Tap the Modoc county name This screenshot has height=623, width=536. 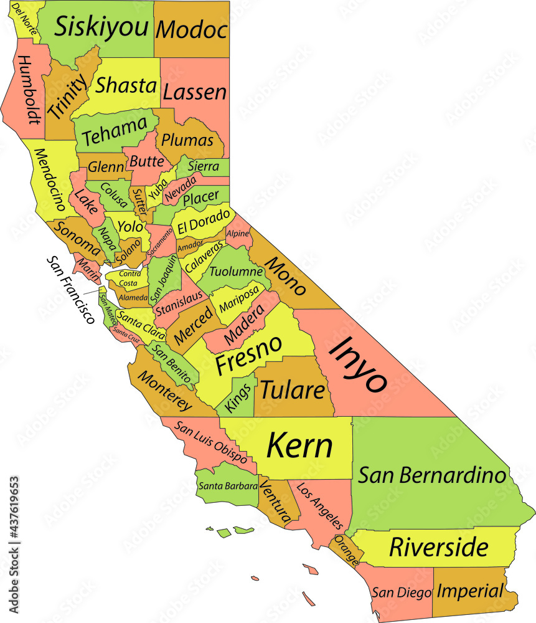(191, 29)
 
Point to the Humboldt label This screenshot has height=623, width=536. (27, 89)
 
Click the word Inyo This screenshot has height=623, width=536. (359, 364)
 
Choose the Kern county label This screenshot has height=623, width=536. (299, 446)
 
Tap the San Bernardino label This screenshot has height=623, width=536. (432, 475)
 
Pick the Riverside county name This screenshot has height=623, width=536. (438, 548)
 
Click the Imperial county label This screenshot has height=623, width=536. (469, 591)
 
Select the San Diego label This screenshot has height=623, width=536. (402, 592)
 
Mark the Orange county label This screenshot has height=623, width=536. (346, 551)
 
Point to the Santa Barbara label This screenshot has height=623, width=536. (227, 486)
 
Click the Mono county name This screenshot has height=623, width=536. (286, 275)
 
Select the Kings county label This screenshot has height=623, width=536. (239, 397)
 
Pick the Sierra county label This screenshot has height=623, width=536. (203, 167)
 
